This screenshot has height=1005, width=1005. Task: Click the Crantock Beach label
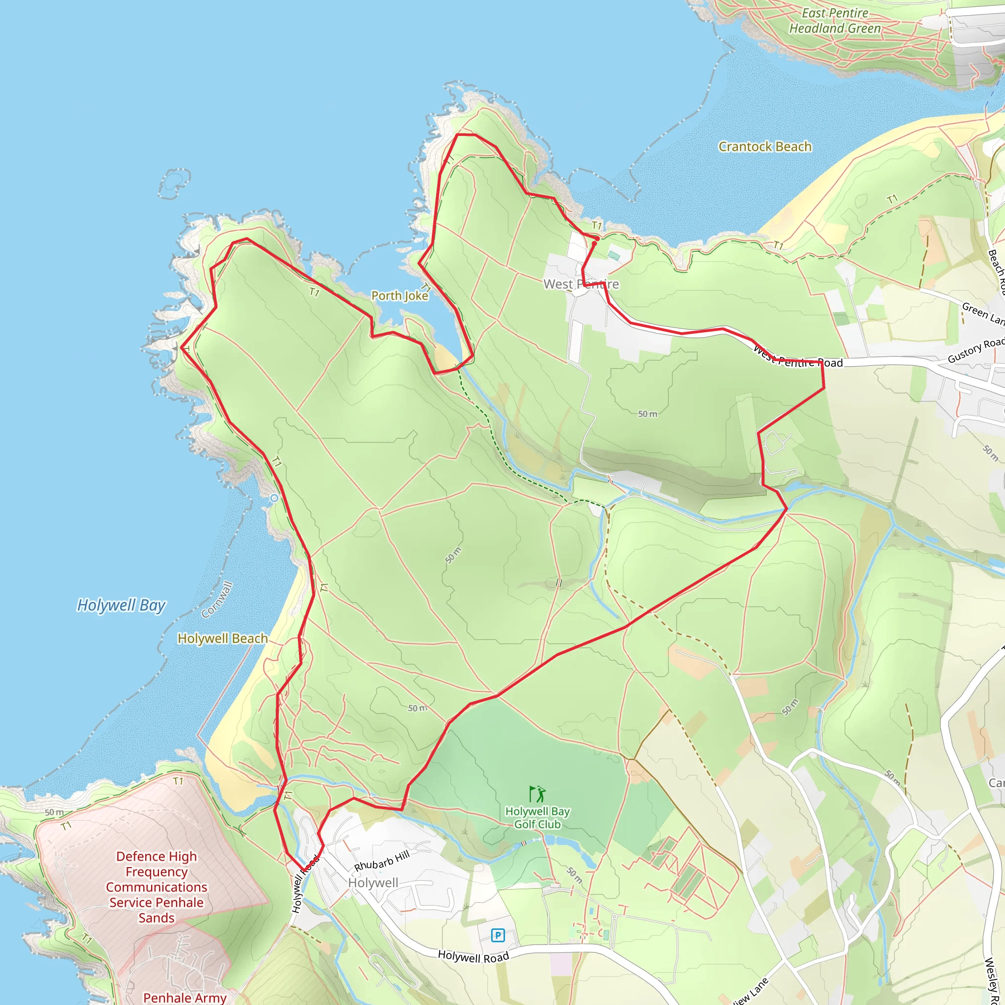point(765,147)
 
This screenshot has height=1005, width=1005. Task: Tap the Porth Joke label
point(399,295)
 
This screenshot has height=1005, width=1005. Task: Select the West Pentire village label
point(581,284)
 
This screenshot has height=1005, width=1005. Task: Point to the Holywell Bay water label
point(121,605)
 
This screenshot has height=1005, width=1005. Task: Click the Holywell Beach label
point(223,638)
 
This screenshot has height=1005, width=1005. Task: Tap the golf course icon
point(537,794)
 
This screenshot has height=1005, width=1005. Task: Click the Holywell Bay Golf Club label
point(537,818)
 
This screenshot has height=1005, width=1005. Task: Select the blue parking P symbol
point(498,935)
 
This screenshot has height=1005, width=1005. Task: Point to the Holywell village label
point(373,883)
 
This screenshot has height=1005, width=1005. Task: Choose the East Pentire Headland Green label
point(835,21)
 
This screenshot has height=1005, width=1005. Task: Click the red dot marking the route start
point(594,243)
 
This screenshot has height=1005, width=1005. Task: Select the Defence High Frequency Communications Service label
point(157,887)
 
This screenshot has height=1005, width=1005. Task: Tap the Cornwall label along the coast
point(217,599)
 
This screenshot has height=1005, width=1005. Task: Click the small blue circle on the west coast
point(274,499)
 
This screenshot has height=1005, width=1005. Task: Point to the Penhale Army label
point(185,997)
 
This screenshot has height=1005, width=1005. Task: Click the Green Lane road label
point(982,313)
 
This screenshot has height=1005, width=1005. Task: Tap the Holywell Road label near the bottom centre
point(474,956)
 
